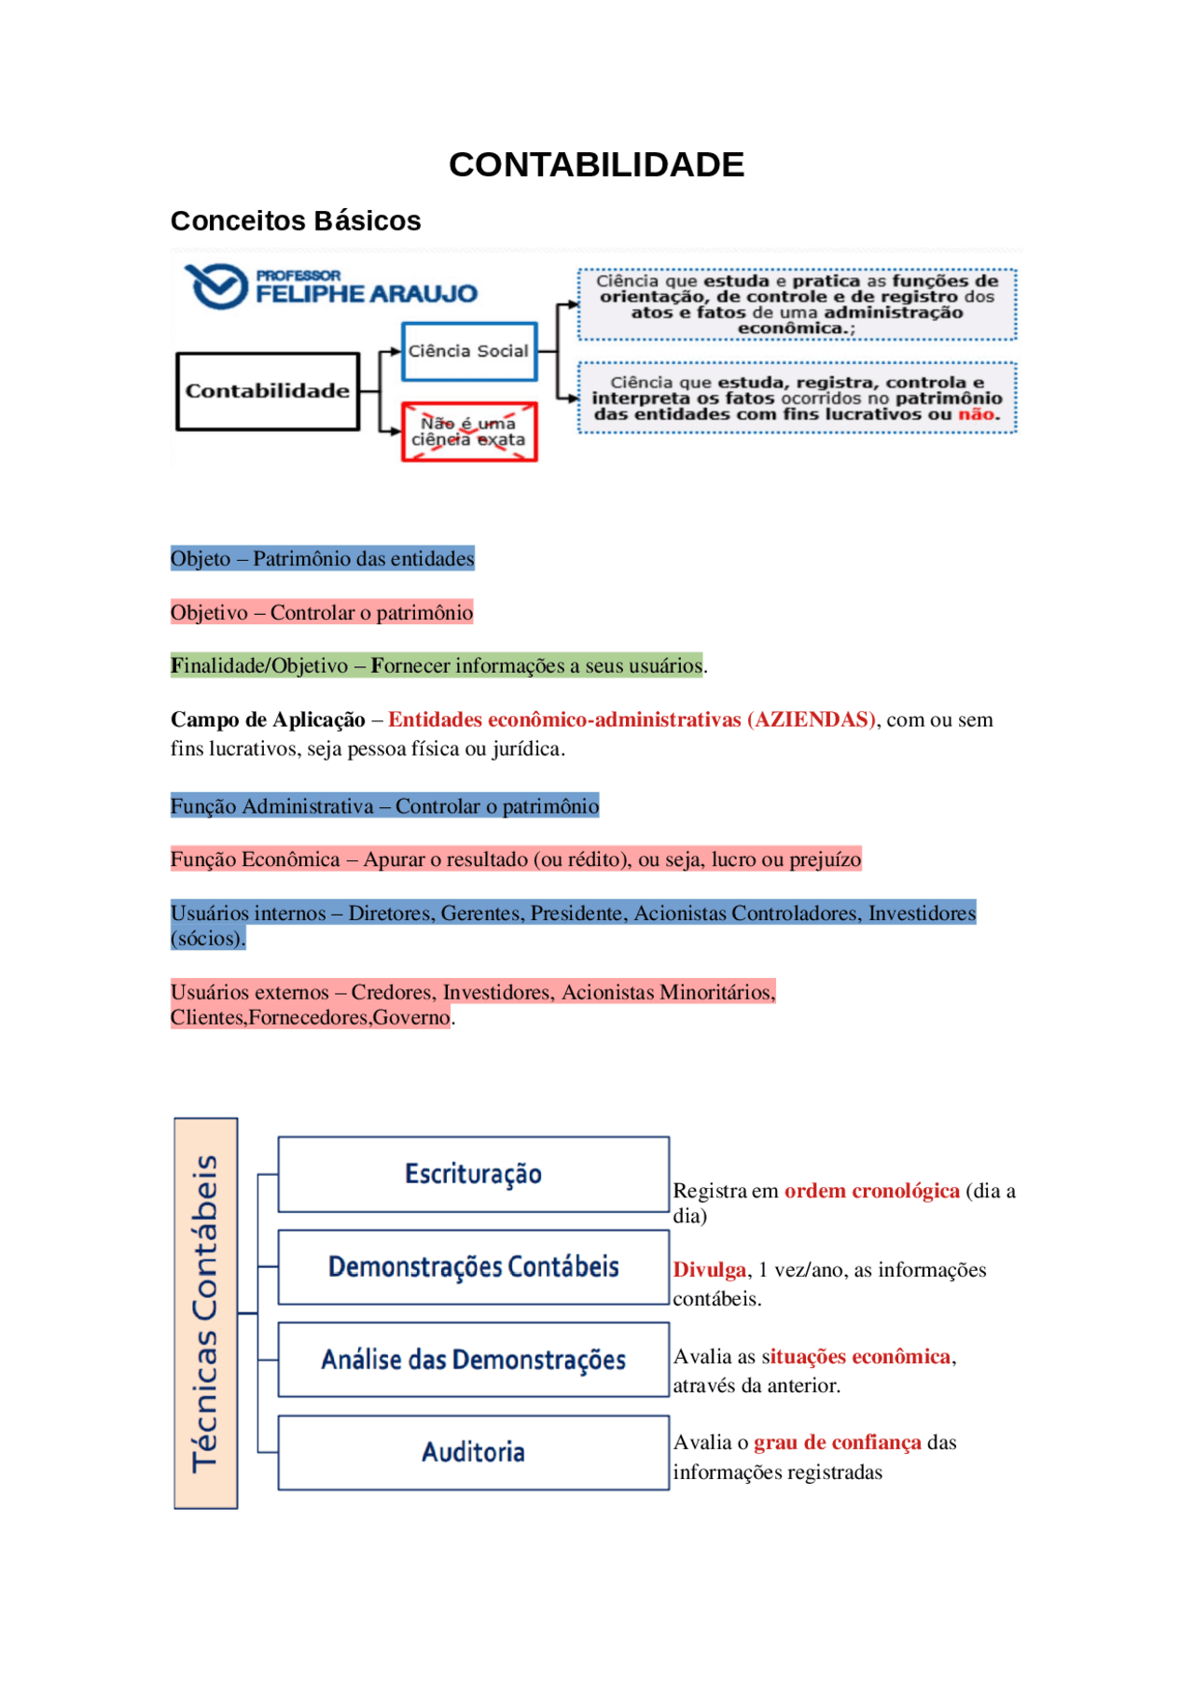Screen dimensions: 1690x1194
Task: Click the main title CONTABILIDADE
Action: tap(596, 165)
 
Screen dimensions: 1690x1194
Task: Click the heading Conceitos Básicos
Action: tap(296, 221)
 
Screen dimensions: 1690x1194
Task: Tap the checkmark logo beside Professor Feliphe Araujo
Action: tap(216, 286)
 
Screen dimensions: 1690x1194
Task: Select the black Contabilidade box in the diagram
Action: tap(268, 391)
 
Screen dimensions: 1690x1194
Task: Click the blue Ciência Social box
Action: tap(469, 351)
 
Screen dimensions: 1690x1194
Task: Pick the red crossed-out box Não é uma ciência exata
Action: tap(469, 432)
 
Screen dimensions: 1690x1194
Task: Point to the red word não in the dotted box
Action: tap(976, 414)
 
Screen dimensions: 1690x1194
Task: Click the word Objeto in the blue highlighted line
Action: tap(201, 559)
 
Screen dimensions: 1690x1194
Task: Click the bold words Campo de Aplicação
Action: tap(268, 719)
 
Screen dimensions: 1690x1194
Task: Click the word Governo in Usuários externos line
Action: tap(411, 1017)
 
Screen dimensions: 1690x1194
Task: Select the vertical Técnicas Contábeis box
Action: tap(206, 1313)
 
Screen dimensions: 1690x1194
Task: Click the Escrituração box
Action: tap(473, 1174)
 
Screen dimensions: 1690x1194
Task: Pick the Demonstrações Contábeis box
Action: tap(473, 1267)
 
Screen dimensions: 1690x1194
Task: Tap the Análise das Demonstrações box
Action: tap(473, 1360)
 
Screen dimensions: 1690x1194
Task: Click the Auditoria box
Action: tap(473, 1452)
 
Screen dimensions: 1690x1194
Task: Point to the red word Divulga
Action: tap(710, 1270)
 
